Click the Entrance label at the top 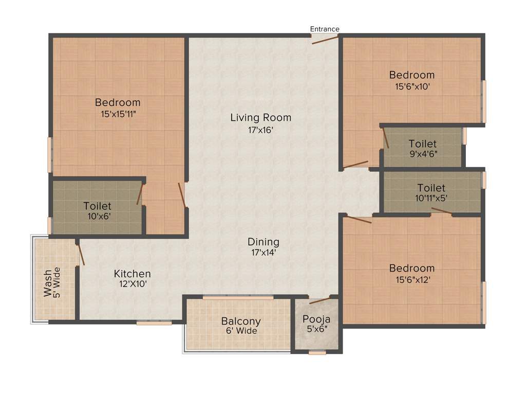[x=325, y=29]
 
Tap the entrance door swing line [x=325, y=40]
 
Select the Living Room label [x=260, y=118]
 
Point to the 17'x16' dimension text [x=260, y=130]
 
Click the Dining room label [x=263, y=242]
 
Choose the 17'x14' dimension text [x=263, y=253]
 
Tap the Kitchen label [x=132, y=274]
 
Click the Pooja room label [x=316, y=318]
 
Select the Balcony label [x=240, y=321]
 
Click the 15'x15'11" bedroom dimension [x=118, y=114]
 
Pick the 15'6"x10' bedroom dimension [x=411, y=87]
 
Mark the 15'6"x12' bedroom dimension [x=411, y=280]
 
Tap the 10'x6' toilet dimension [x=97, y=217]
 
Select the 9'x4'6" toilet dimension [x=423, y=154]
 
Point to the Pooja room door [x=320, y=300]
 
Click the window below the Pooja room [x=317, y=353]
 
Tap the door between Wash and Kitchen [x=80, y=255]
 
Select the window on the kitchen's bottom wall [x=154, y=323]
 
